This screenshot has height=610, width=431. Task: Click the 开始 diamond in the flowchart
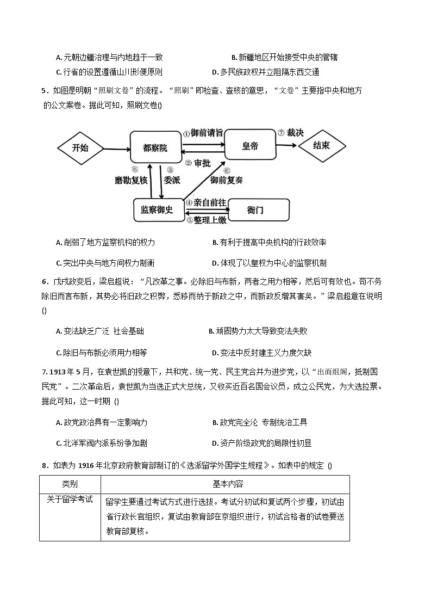click(80, 147)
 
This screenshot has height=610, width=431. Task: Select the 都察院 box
click(155, 147)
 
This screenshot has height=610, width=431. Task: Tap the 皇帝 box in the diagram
click(250, 145)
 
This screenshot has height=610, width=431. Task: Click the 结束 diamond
click(322, 145)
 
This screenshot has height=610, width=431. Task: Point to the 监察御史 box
click(157, 210)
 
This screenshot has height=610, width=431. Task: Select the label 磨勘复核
click(131, 180)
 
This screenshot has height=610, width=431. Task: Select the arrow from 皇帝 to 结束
click(286, 145)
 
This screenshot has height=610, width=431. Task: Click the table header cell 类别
click(70, 483)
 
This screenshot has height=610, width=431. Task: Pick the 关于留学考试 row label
click(70, 499)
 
